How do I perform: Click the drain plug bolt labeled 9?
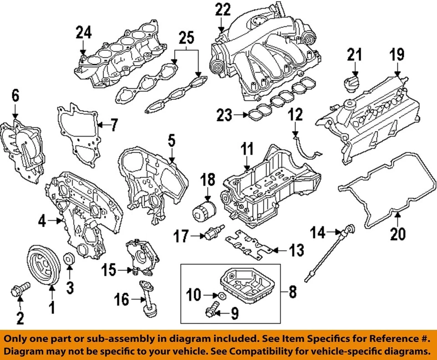[210, 311]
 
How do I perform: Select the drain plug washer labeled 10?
[220, 297]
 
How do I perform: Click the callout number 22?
[223, 10]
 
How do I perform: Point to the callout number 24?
[83, 33]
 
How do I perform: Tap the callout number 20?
[397, 234]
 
